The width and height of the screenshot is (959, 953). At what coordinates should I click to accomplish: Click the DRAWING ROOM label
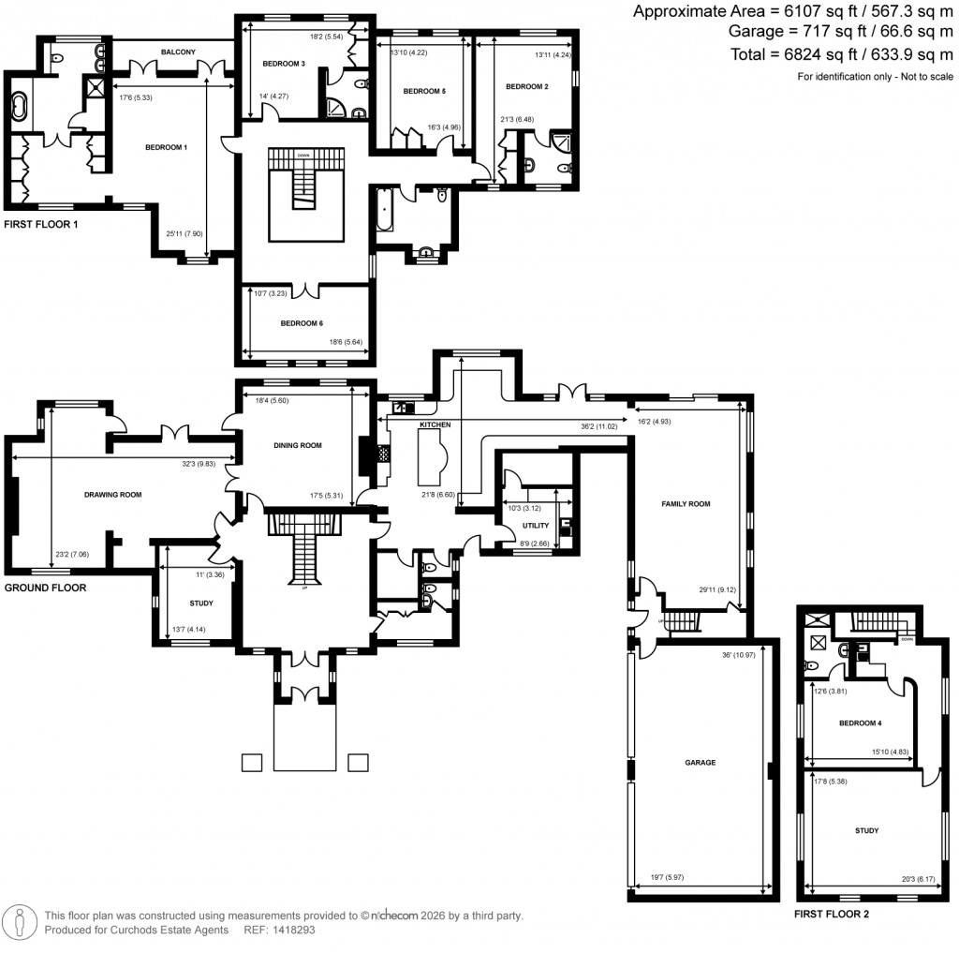112,494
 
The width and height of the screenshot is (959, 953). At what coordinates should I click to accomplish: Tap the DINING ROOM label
299,446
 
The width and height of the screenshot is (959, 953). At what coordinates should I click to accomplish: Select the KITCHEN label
435,424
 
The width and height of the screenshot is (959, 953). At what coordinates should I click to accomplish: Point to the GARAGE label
700,763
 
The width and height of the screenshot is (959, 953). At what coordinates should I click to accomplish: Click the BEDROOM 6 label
302,323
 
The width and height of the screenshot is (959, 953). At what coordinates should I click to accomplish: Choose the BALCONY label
177,52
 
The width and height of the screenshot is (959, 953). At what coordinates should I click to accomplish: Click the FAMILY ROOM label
686,504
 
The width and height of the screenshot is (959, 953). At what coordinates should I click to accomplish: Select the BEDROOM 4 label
862,723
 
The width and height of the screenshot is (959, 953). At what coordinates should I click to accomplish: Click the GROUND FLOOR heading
45,588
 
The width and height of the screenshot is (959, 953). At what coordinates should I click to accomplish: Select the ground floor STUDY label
200,603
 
